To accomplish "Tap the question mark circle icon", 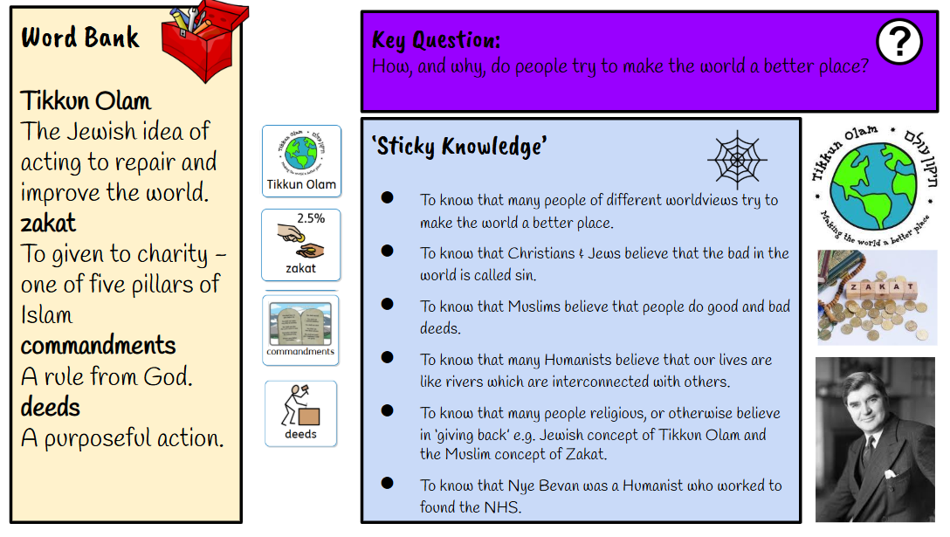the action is (899, 41).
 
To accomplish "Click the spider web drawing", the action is (737, 160).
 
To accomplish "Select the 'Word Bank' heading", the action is (80, 38).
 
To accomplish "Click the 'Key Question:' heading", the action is (437, 40).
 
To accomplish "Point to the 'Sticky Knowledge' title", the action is (458, 146).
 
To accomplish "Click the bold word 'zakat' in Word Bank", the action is (49, 223).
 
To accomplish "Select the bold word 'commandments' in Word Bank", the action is (98, 346).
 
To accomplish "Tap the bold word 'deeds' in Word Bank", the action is (51, 407).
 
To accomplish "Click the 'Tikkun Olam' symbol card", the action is (302, 162).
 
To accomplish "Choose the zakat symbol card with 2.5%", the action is (301, 244).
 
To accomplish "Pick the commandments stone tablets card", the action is (300, 330).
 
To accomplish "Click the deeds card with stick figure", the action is (300, 414).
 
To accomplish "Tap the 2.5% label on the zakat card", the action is (311, 218).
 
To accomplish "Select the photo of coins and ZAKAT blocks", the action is (878, 298).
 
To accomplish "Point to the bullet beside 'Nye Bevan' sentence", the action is (388, 483).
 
